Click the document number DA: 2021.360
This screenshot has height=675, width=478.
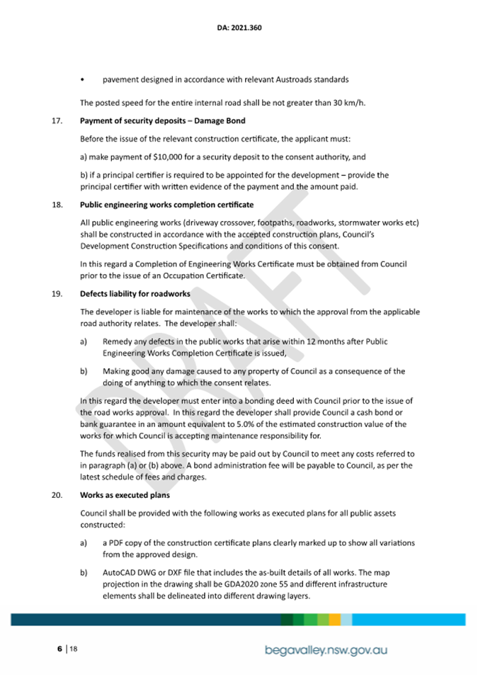click(239, 28)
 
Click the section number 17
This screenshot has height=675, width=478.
click(57, 121)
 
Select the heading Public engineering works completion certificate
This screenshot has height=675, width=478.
click(166, 205)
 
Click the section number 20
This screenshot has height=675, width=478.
click(57, 495)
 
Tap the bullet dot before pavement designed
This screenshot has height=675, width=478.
click(84, 79)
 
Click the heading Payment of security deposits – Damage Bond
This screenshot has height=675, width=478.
click(163, 121)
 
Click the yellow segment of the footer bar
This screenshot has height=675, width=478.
click(335, 620)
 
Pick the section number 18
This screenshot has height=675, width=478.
click(57, 205)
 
